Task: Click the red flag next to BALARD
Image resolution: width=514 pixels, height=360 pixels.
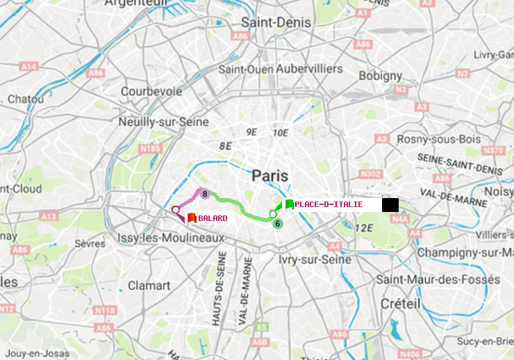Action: click(x=191, y=218)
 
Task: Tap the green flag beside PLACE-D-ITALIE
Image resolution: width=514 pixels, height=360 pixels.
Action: click(x=288, y=204)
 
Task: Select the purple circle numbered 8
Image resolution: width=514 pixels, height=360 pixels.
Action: click(x=205, y=194)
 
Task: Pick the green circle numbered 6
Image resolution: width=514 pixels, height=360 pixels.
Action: click(x=277, y=223)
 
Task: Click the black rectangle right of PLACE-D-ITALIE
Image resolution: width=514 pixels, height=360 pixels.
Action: click(x=390, y=205)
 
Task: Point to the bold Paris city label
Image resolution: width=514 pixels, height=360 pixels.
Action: click(x=270, y=175)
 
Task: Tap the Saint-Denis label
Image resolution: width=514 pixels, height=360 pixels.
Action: click(x=276, y=23)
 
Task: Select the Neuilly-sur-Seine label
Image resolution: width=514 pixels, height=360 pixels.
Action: click(x=165, y=122)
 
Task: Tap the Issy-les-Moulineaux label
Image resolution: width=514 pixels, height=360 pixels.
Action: click(x=172, y=238)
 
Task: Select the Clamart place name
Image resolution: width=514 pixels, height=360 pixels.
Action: click(x=149, y=286)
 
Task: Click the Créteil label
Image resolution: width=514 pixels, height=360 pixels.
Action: click(x=400, y=304)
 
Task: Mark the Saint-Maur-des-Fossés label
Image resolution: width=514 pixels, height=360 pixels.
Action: click(x=438, y=279)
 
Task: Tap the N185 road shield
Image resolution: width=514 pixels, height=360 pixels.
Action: click(x=150, y=148)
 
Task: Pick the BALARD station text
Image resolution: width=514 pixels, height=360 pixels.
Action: click(x=213, y=218)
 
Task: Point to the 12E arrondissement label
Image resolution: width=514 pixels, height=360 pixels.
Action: click(x=364, y=228)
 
